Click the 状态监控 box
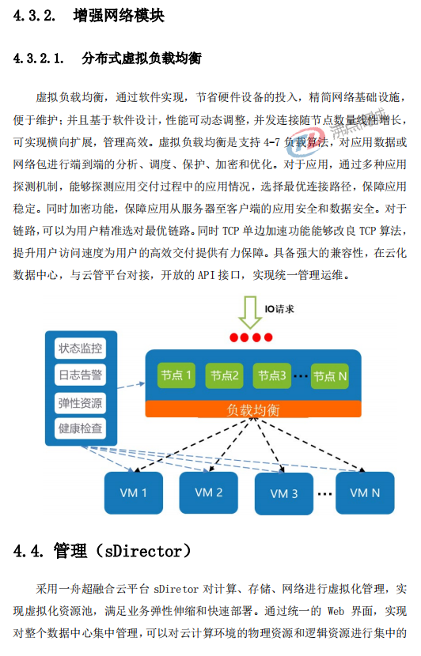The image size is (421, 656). pos(80,349)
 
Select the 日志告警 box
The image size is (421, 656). pos(80,375)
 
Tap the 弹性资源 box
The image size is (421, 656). pos(80,403)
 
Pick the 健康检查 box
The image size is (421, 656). pos(80,428)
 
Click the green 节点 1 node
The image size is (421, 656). pos(176,375)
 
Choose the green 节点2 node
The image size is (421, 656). pos(224,375)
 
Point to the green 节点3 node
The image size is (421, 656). pos(272,375)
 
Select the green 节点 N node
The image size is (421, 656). pos(330,376)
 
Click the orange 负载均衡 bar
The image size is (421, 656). pos(253,409)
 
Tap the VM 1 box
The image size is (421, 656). pos(134,493)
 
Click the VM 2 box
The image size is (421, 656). pos(209,492)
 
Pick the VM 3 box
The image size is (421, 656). pos(284,494)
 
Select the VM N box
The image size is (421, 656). pos(365,493)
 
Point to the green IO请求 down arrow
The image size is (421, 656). pos(250,312)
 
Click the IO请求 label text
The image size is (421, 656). pos(279,309)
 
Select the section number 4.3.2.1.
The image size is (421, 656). pos(39,58)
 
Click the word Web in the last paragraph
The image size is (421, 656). pos(336,611)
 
